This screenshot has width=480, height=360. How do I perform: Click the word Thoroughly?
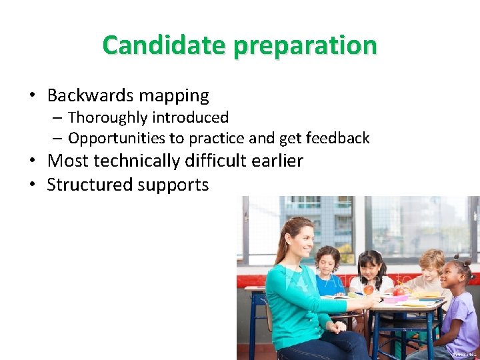[107, 118]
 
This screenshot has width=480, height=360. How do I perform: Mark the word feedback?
[337, 139]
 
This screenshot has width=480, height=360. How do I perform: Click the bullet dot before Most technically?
[33, 161]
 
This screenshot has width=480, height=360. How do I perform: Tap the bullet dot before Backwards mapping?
[33, 96]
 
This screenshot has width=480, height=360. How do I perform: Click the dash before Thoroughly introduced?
[57, 118]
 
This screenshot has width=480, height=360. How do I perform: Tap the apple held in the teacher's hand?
[368, 290]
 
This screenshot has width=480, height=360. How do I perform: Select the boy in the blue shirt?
[327, 270]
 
